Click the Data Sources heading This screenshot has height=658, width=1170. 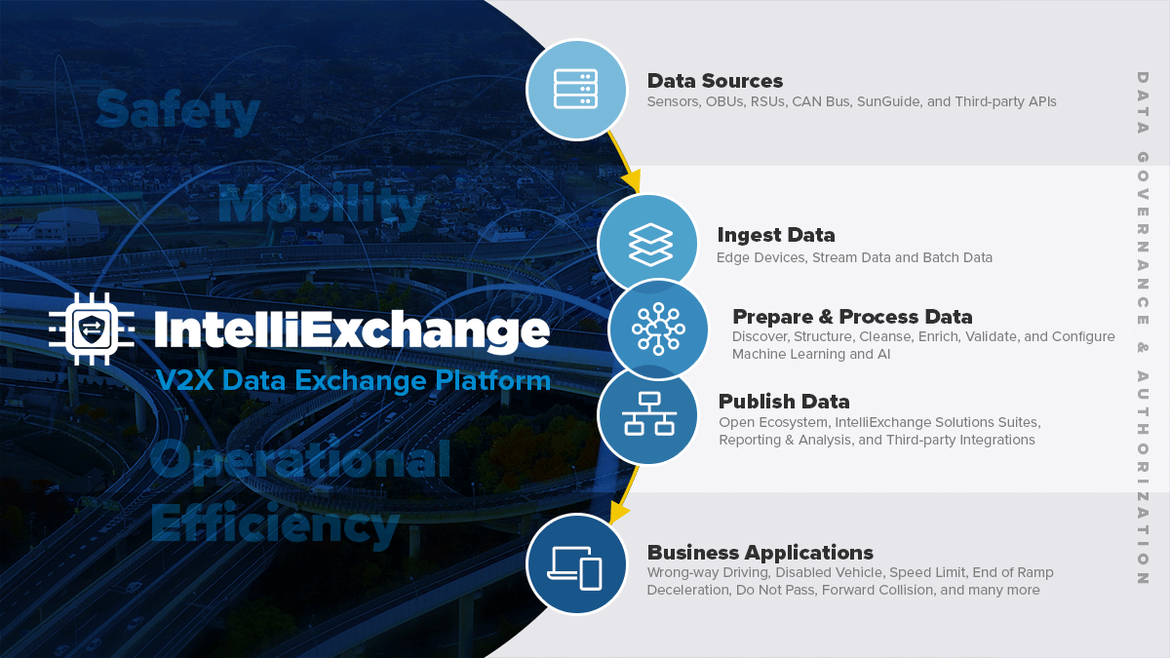715,81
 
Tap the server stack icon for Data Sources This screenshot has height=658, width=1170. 575,90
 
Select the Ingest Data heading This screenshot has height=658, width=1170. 776,235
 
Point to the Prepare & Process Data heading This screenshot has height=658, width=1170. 852,317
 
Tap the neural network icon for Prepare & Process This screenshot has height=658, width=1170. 658,329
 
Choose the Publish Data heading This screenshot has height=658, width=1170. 784,402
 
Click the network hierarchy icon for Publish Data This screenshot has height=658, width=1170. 649,414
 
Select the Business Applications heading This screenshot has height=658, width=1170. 760,553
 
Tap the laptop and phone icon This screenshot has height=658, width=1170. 574,568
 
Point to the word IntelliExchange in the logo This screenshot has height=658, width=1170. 352,329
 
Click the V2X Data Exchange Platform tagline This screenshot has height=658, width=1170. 354,380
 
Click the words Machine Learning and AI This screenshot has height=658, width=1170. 811,354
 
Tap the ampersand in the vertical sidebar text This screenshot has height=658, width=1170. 1143,347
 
